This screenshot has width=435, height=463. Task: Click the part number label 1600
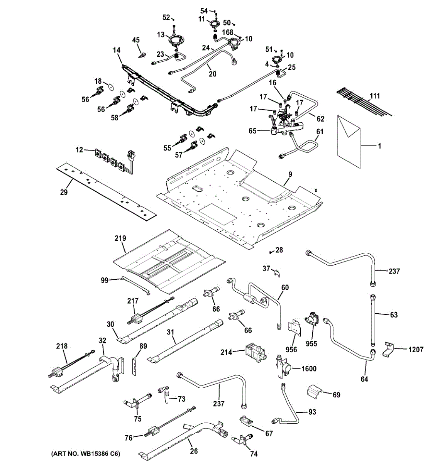tap(308, 368)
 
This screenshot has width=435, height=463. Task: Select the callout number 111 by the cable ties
tap(375, 96)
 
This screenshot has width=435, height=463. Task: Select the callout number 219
tap(120, 238)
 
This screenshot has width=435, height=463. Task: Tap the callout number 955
tap(311, 343)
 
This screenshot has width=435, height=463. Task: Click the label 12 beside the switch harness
tap(79, 149)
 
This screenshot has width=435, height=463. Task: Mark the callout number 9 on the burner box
tap(289, 174)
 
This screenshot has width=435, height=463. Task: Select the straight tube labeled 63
tap(372, 320)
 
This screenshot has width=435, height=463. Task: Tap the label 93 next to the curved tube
tap(312, 412)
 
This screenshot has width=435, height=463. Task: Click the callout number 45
tap(136, 40)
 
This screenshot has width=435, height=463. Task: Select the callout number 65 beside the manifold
tap(252, 131)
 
